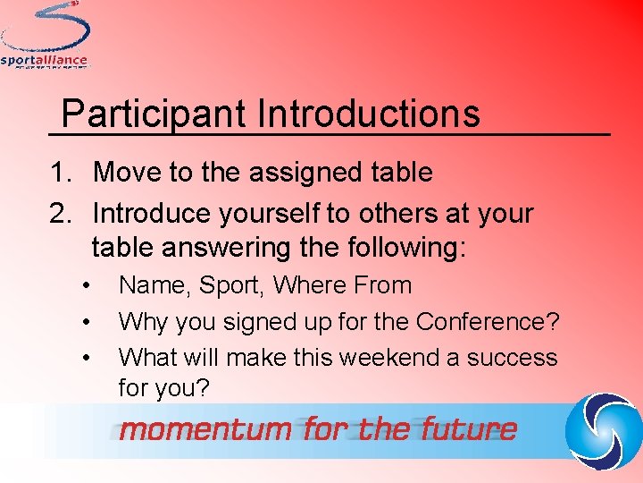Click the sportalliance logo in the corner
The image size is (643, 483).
(45, 36)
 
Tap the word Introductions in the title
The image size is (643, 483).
(368, 114)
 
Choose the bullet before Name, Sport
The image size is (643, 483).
(87, 286)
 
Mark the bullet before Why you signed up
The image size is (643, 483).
(87, 322)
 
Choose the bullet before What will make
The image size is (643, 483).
(87, 358)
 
